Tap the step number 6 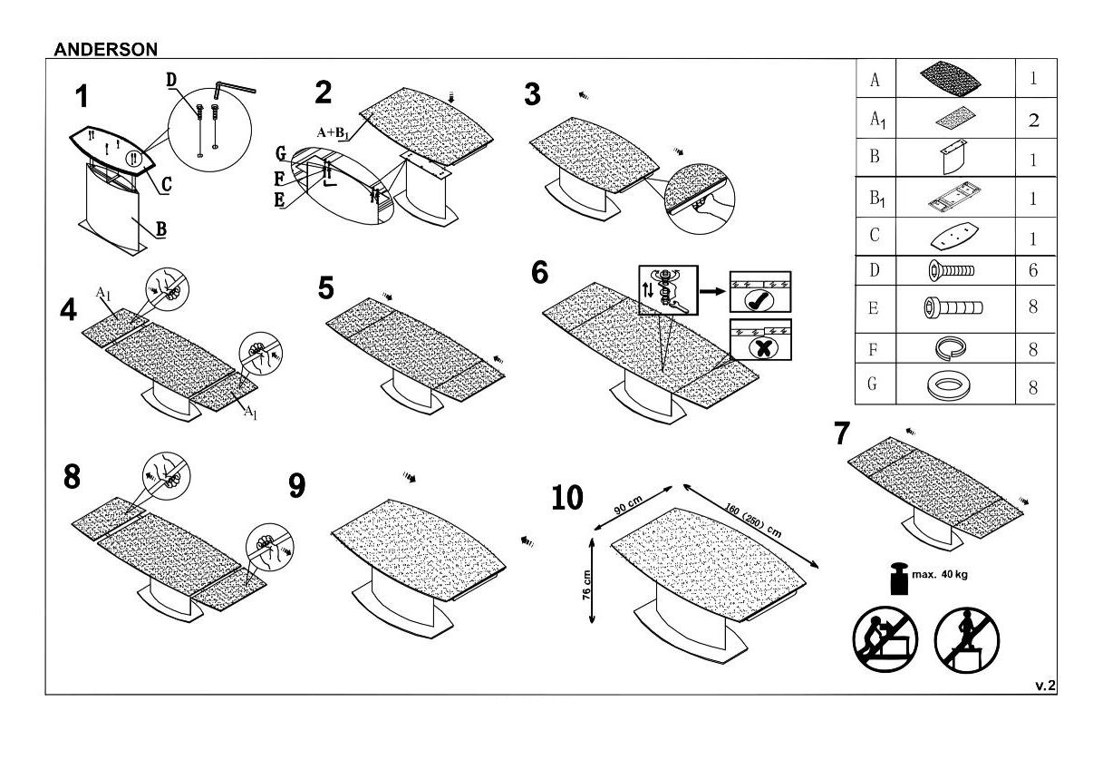pos(539,271)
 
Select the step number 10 pos(567,498)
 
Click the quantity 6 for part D pos(1033,270)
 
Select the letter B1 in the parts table pos(875,198)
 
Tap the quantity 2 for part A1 pos(1033,120)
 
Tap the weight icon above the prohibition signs pos(901,579)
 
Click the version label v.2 pos(1045,686)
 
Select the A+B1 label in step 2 pos(333,132)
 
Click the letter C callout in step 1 pos(165,186)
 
